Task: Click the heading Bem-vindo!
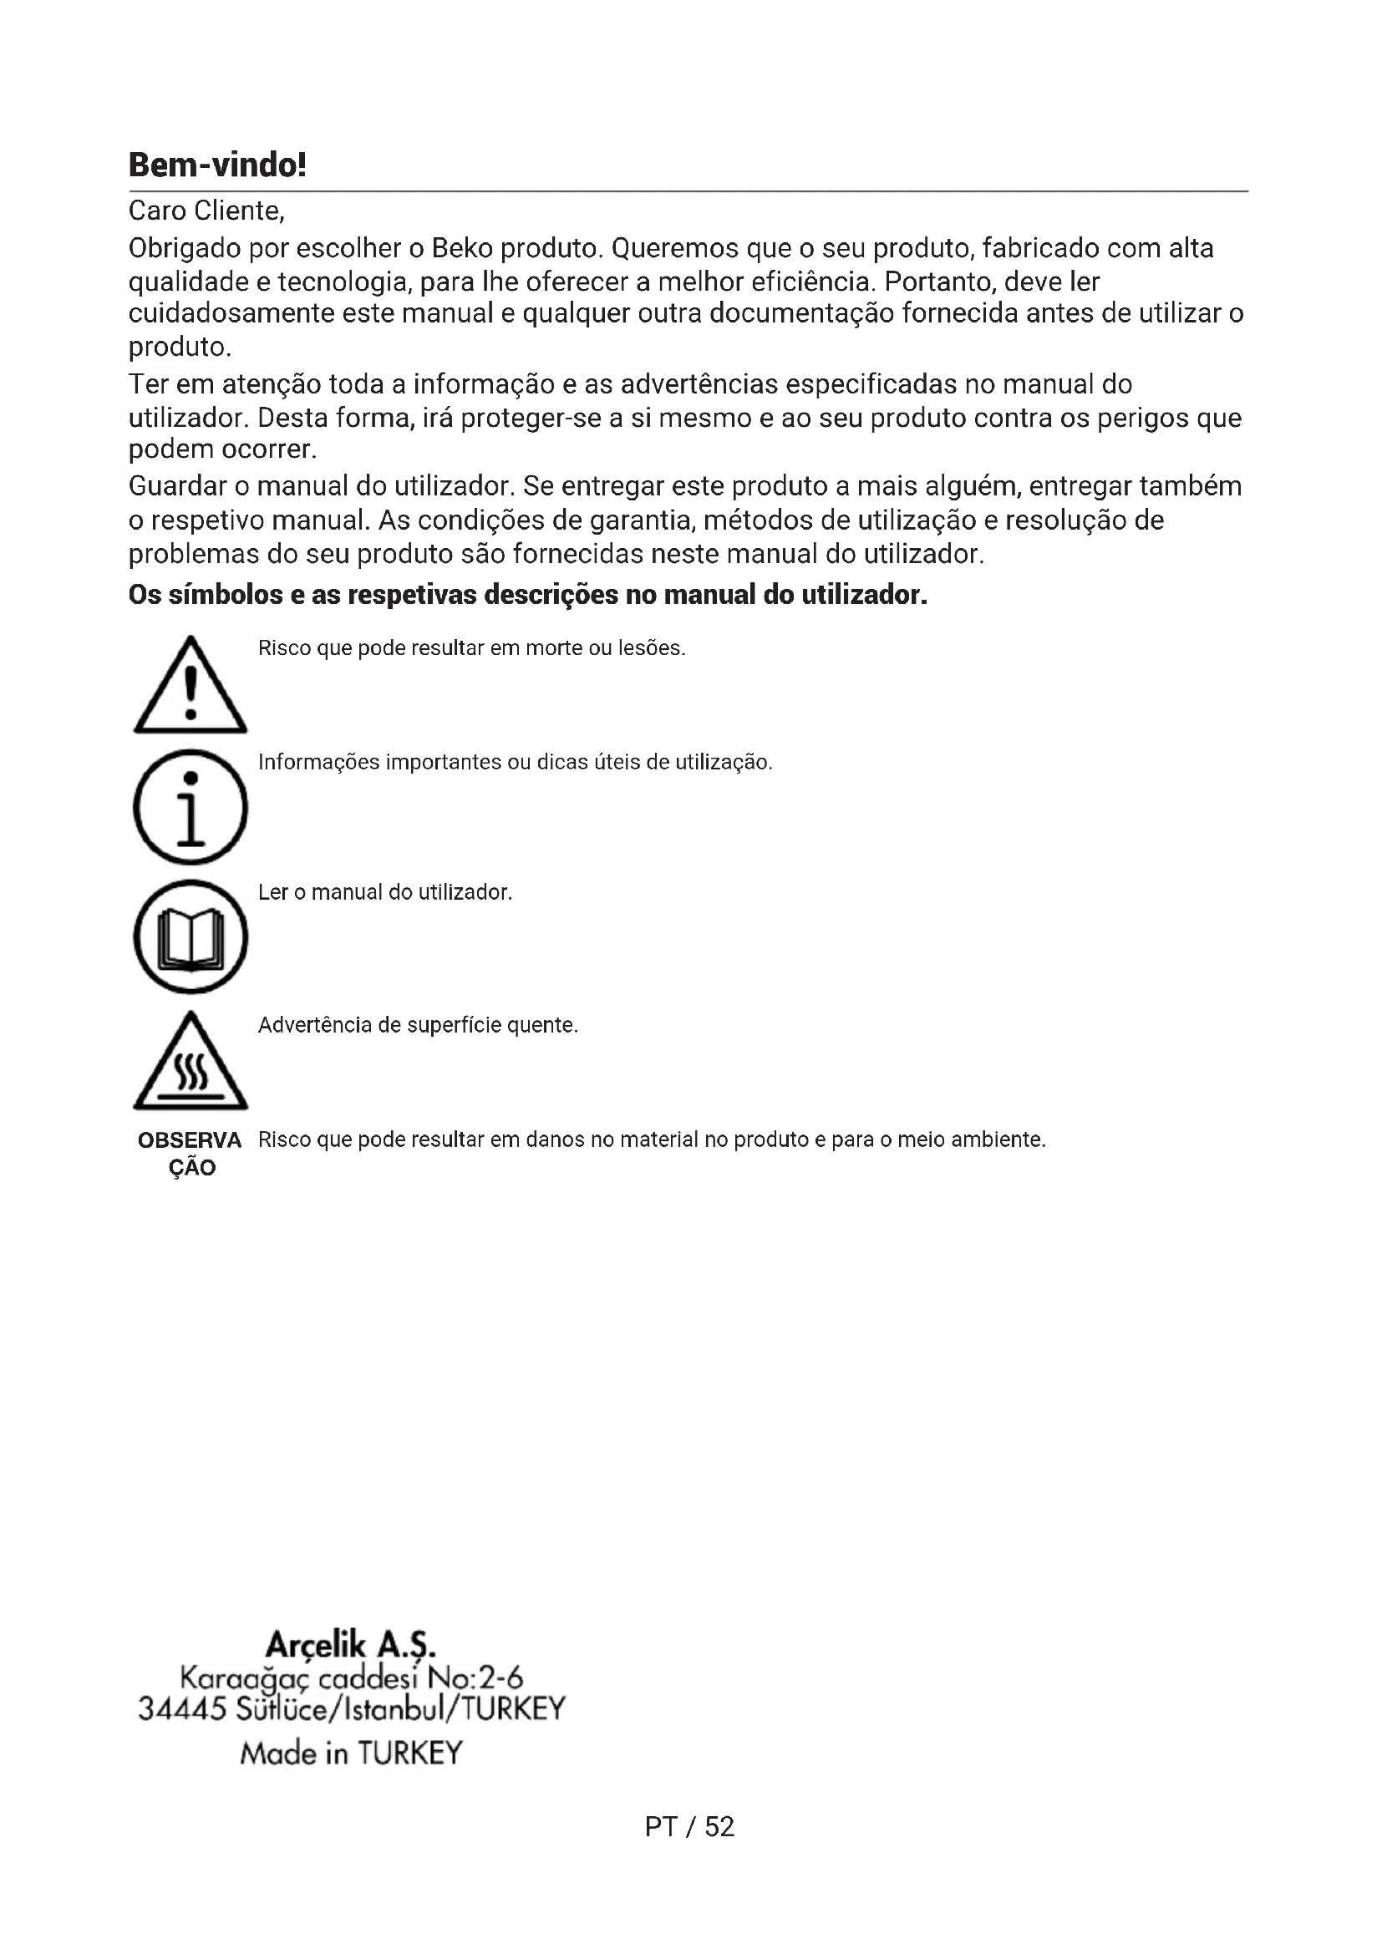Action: point(217,165)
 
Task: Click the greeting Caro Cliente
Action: point(206,211)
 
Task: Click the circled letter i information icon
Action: point(191,807)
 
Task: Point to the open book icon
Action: point(191,937)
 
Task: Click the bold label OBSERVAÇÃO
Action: point(191,1154)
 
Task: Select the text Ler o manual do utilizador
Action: point(384,893)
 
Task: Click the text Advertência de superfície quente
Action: point(418,1026)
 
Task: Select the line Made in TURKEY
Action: point(351,1754)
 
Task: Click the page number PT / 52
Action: point(689,1827)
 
